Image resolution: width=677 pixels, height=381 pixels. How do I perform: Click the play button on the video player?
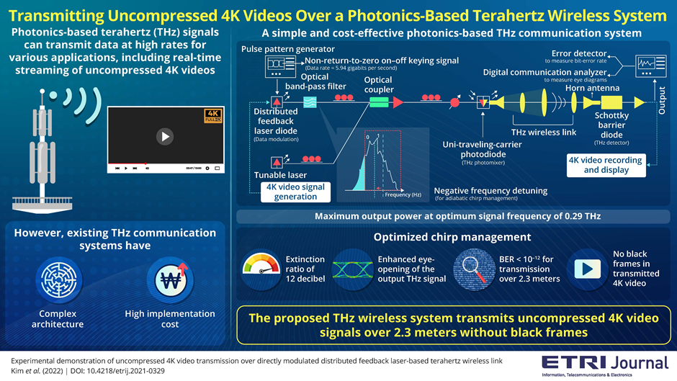166,136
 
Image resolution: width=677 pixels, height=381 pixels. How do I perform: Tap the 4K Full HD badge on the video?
212,116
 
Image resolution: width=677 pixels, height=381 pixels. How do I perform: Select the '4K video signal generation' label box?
295,192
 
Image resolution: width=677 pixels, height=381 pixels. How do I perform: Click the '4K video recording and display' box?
605,165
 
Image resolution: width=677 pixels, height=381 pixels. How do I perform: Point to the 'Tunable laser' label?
280,175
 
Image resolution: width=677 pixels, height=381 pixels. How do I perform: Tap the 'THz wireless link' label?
543,132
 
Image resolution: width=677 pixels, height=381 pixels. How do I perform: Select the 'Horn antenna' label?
592,88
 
